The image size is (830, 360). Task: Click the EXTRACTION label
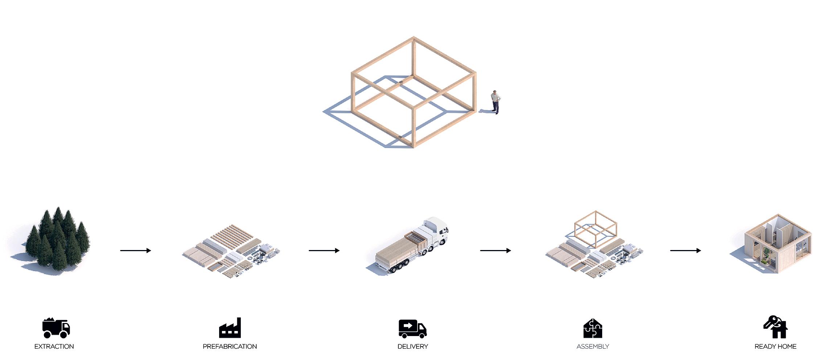tap(54, 347)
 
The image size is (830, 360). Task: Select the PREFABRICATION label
tap(230, 347)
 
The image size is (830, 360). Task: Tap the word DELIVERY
tap(412, 347)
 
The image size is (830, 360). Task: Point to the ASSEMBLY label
tap(593, 347)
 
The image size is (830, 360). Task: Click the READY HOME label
tap(775, 347)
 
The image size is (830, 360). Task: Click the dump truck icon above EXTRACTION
tap(56, 328)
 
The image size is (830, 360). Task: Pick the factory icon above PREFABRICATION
tap(230, 328)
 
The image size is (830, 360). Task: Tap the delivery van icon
tap(412, 328)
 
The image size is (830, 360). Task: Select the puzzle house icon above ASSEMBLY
tap(593, 328)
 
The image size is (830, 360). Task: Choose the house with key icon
tap(776, 327)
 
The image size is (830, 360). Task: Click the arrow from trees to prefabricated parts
tap(135, 250)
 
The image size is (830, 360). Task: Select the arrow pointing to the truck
tap(324, 250)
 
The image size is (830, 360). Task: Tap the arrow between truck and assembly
tap(495, 250)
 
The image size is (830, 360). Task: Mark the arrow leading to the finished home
tap(685, 250)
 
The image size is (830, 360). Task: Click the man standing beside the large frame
tap(496, 102)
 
